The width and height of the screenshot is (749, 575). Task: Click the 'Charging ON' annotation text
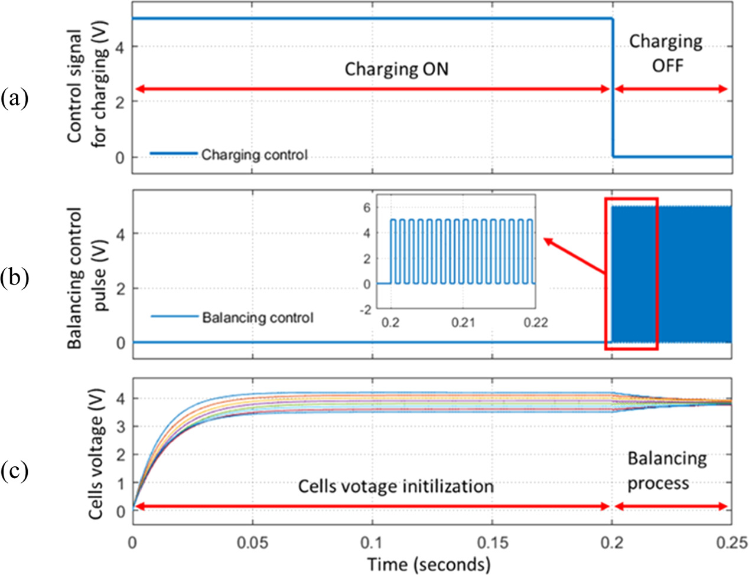pyautogui.click(x=396, y=69)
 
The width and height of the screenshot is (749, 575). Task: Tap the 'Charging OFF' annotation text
pyautogui.click(x=666, y=53)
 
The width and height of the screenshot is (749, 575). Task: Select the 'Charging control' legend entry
pyautogui.click(x=254, y=155)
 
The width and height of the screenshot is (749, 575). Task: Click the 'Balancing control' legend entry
pyautogui.click(x=258, y=318)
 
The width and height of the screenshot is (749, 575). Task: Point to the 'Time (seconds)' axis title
pyautogui.click(x=428, y=564)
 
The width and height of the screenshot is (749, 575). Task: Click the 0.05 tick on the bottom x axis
pyautogui.click(x=253, y=542)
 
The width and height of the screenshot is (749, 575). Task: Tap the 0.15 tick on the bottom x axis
pyautogui.click(x=493, y=542)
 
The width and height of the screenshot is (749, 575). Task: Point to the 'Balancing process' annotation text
pyautogui.click(x=666, y=471)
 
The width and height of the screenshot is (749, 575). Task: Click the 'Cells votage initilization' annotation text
pyautogui.click(x=395, y=486)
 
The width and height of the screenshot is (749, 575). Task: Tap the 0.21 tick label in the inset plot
pyautogui.click(x=463, y=322)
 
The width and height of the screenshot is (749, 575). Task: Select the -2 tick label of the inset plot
pyautogui.click(x=366, y=310)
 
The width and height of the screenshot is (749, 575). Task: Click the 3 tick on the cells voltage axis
pyautogui.click(x=120, y=427)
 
